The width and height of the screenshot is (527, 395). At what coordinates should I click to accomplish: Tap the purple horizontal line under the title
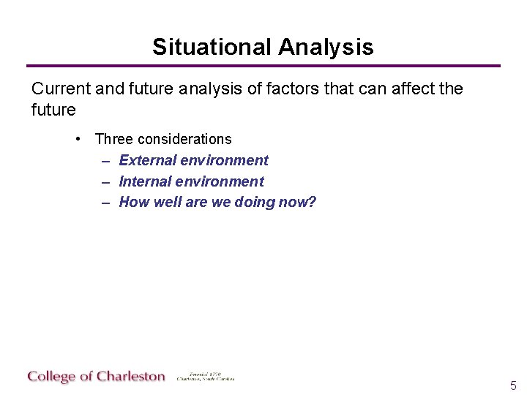(263, 66)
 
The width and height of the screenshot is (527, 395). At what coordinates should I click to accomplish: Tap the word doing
(255, 203)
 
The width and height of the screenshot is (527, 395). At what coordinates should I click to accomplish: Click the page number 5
(513, 385)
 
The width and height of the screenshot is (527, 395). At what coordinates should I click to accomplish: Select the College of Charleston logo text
(97, 377)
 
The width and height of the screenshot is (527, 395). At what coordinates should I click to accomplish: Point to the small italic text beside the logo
(205, 377)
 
